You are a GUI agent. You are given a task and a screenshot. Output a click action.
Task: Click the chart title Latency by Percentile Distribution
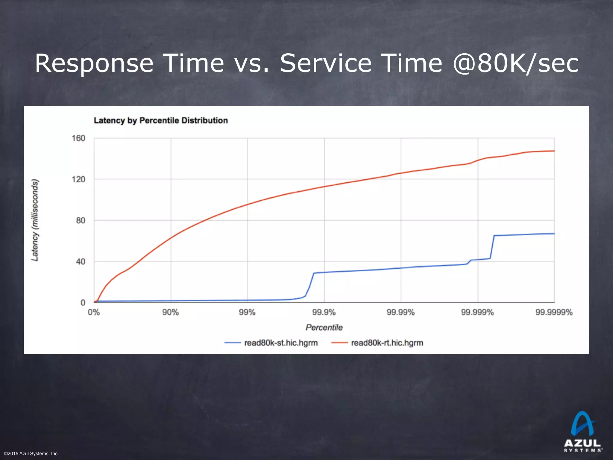[x=161, y=120]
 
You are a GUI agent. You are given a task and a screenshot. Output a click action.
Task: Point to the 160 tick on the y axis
[x=78, y=138]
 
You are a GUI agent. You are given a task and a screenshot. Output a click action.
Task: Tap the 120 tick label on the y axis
[x=78, y=179]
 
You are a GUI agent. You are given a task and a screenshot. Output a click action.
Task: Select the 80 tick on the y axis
[x=81, y=220]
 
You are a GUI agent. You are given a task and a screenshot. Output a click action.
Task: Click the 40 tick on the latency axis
[x=81, y=261]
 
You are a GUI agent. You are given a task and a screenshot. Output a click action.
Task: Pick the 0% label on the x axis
[x=94, y=312]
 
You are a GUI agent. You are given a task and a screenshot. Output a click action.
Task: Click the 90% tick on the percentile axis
[x=171, y=312]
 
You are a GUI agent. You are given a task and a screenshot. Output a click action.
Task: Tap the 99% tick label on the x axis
[x=247, y=312]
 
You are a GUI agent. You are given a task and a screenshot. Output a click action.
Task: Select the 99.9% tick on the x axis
[x=324, y=312]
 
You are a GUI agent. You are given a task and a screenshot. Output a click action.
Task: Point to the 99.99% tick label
[x=400, y=312]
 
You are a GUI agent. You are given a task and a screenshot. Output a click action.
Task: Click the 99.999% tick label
[x=477, y=312]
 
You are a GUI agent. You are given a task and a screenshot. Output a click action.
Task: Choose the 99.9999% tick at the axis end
[x=554, y=312]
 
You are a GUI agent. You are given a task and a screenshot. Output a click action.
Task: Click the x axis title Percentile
[x=324, y=327]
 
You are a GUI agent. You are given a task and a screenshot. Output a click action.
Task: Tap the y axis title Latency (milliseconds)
[x=35, y=220]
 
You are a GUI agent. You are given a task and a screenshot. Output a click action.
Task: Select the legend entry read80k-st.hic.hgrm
[x=280, y=343]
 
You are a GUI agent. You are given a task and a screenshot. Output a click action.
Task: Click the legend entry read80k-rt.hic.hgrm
[x=387, y=343]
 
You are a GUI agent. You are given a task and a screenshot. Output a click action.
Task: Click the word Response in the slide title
[x=94, y=63]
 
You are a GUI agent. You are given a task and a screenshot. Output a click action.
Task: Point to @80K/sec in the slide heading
[x=515, y=63]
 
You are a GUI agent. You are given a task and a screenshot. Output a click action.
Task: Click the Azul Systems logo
[x=582, y=432]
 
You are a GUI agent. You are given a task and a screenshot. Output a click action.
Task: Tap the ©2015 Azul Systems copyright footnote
[x=31, y=454]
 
